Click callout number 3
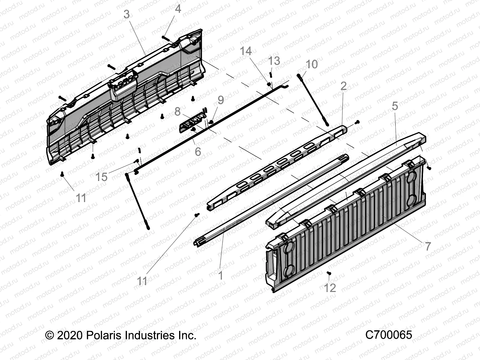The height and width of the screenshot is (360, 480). (x=127, y=14)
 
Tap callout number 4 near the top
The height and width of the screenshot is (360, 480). (x=178, y=9)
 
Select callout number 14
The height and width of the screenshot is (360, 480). (x=246, y=51)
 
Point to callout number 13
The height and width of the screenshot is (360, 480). (x=274, y=61)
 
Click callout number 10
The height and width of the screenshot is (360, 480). (x=311, y=64)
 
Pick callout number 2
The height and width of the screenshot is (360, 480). (x=343, y=86)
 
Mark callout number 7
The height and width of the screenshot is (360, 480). (x=428, y=246)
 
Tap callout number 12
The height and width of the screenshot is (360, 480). (x=330, y=288)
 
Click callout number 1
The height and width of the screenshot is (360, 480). (x=221, y=275)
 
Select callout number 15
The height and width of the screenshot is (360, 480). (x=101, y=177)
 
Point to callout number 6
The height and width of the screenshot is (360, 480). (x=198, y=151)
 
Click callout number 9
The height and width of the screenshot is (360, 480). (x=221, y=100)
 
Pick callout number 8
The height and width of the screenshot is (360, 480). (x=177, y=111)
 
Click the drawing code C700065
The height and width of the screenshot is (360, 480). (x=388, y=335)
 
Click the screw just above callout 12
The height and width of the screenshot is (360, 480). (x=329, y=273)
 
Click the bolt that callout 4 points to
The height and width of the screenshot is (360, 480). (x=166, y=38)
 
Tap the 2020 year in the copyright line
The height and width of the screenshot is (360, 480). (x=69, y=335)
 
